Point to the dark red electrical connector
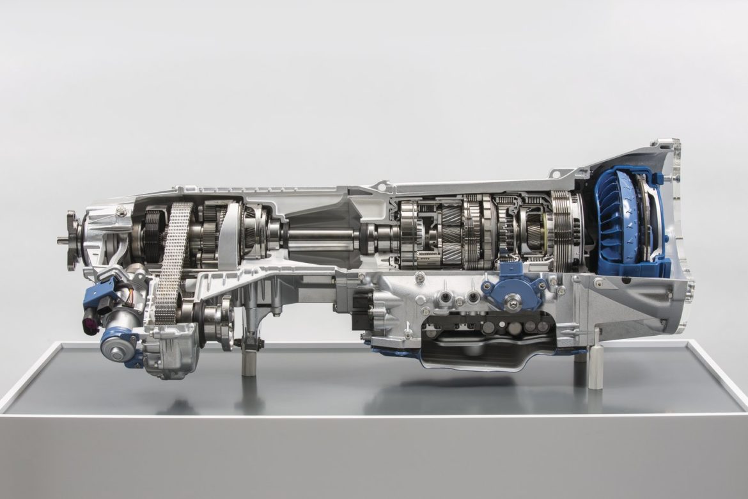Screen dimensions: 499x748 tap(91, 323)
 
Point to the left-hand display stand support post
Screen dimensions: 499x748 tap(248, 358)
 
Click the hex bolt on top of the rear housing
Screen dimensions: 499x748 tap(121, 211)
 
